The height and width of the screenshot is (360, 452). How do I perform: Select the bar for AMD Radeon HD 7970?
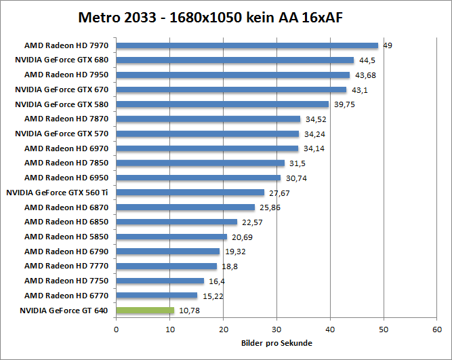[247, 45]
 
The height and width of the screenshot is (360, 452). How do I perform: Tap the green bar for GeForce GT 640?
[145, 311]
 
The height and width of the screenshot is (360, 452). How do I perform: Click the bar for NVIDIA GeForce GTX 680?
[235, 60]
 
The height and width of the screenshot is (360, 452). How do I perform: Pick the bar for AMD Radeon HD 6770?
[157, 296]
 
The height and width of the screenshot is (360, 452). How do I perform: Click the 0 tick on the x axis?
[117, 329]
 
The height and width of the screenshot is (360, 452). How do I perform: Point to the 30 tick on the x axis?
[276, 329]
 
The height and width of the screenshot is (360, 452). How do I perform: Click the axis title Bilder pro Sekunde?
[276, 343]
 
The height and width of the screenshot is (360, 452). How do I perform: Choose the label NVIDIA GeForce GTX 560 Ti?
[58, 193]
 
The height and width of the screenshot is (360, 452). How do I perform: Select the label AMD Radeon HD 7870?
[67, 119]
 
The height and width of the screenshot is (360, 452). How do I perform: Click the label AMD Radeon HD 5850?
[67, 237]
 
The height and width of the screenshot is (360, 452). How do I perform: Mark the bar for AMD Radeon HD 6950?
[199, 178]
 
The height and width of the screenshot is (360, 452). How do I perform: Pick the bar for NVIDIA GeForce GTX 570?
[207, 134]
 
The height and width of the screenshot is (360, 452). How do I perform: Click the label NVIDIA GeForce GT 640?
[62, 311]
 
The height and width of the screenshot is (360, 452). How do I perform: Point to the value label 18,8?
[230, 266]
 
